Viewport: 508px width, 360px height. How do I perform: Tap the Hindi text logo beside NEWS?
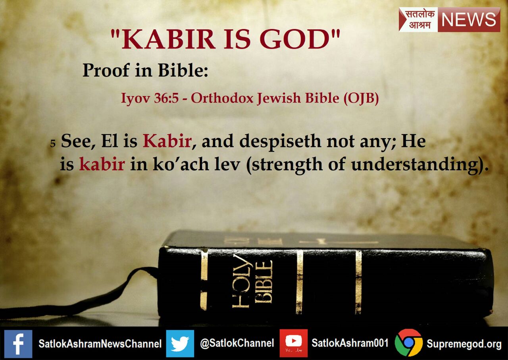[418, 19]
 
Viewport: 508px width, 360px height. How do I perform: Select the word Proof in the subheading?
[106, 71]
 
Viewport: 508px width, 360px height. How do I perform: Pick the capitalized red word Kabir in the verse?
[167, 142]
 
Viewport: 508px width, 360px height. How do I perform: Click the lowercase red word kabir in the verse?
[102, 164]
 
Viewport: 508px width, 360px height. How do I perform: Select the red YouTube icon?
[294, 343]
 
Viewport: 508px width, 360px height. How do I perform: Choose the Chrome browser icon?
[409, 343]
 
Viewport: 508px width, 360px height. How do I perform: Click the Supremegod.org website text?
[464, 344]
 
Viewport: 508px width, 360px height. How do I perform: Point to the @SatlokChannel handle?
[237, 343]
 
